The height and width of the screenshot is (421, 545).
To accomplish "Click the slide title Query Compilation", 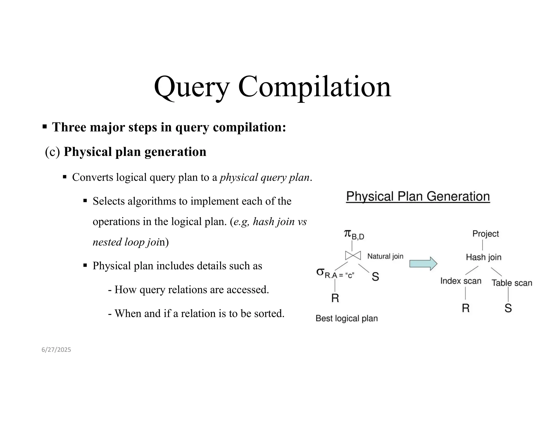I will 272,87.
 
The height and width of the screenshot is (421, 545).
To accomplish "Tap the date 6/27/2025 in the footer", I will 56,350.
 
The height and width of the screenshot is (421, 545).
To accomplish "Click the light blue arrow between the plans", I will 423,264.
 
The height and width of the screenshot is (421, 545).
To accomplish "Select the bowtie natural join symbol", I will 353,255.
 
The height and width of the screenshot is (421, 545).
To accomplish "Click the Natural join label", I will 385,256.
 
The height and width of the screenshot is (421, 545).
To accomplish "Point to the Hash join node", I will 484,257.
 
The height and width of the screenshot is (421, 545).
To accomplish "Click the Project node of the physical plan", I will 485,234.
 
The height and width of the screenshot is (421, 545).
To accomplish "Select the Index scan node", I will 461,281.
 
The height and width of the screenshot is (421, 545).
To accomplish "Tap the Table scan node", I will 511,283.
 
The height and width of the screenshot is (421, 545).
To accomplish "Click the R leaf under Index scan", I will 465,308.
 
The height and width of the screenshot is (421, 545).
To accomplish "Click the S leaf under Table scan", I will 508,308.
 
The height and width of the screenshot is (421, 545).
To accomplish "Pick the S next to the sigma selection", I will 375,277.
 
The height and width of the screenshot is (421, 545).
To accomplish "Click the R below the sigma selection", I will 335,298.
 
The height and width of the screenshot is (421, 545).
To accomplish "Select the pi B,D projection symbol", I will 354,234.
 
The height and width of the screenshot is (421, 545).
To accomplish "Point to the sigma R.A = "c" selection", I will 335,274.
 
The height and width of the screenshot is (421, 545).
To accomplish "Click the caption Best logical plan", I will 346,319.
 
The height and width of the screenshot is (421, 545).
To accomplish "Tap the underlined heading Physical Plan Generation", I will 418,197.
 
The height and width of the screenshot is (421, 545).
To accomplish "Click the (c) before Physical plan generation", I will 52,152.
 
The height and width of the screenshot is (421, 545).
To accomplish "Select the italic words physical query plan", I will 265,178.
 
